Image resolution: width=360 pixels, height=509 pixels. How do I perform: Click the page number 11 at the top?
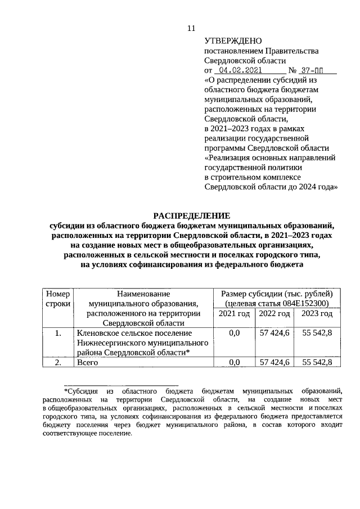tap(191, 28)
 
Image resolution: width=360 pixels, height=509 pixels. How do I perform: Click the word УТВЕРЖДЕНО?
tap(233, 40)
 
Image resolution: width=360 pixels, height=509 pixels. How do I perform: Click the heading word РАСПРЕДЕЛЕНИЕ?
tap(192, 215)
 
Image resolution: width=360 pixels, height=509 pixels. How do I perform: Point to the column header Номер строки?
tap(58, 298)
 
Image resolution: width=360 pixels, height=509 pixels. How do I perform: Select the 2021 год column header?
tap(234, 313)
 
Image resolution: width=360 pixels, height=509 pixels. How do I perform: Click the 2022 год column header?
tap(274, 313)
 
